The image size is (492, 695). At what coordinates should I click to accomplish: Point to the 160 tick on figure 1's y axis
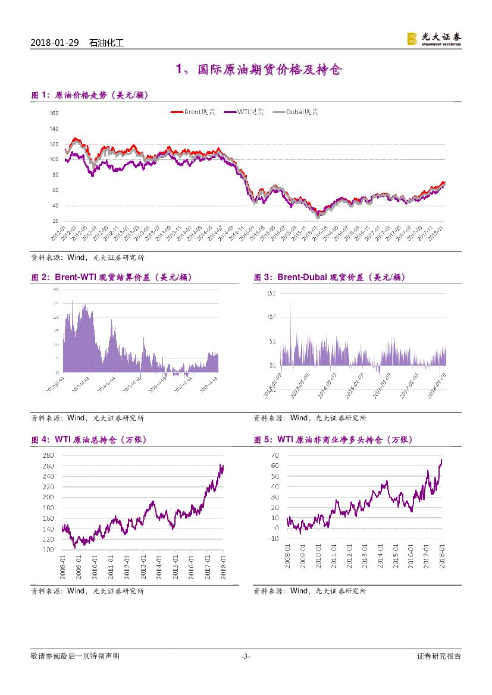pos(54,113)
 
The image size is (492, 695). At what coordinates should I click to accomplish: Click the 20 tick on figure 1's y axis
pos(55,221)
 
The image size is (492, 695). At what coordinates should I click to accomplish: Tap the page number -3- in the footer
pos(246,656)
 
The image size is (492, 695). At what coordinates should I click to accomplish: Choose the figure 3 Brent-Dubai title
pos(330,277)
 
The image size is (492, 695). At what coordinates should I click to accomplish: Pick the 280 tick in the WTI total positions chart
pos(49,455)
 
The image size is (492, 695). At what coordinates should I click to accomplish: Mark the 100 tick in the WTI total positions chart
pos(49,550)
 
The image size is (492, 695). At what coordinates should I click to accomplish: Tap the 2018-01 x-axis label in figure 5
pos(441,556)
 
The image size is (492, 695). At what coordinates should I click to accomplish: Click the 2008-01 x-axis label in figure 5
pos(288,556)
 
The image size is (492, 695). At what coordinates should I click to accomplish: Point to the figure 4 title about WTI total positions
pos(89,440)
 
